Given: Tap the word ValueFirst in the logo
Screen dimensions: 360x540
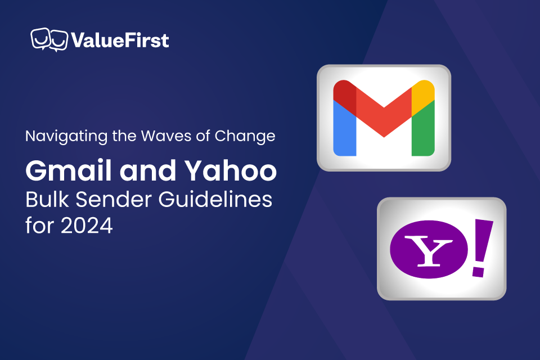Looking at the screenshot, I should [x=119, y=40].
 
